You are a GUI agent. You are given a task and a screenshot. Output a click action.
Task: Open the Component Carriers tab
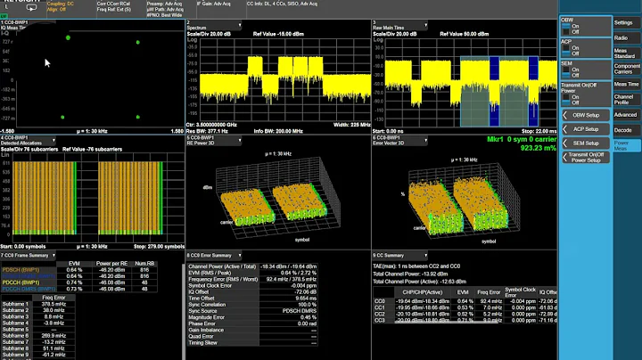[x=626, y=68]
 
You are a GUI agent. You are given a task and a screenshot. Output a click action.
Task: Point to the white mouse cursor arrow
[x=48, y=64]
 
